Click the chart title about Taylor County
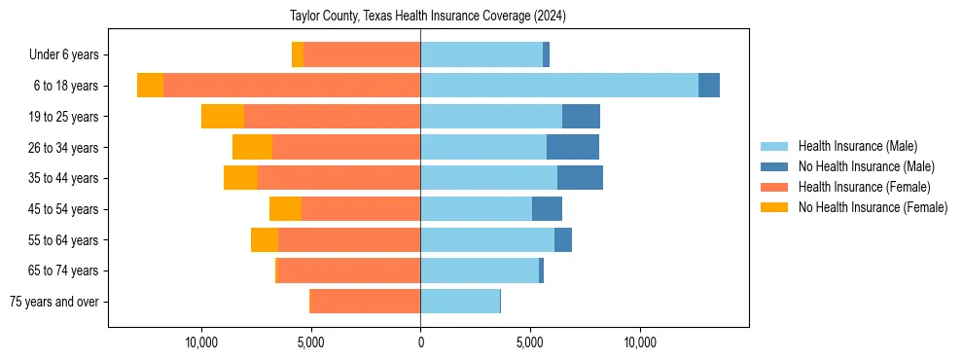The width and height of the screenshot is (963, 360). [428, 17]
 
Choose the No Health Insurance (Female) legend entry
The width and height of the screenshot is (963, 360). [873, 207]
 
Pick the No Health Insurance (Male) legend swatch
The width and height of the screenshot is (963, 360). [775, 166]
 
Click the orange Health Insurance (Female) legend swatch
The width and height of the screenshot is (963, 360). [775, 187]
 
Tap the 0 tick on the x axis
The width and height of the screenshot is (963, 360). [420, 342]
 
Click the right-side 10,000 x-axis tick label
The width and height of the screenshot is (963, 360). [640, 342]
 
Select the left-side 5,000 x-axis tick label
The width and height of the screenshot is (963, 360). [310, 342]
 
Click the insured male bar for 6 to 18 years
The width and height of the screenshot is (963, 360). [559, 86]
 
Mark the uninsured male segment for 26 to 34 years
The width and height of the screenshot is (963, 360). [573, 147]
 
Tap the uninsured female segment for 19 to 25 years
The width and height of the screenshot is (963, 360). [223, 117]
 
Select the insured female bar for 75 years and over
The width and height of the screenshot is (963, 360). [365, 302]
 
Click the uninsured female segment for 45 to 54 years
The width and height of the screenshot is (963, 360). [285, 209]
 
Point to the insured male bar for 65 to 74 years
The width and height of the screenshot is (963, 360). [480, 270]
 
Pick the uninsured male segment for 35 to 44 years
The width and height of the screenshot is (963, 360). [580, 178]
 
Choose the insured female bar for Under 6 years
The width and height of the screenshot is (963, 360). [362, 54]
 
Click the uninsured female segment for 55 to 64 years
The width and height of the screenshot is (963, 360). [265, 240]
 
